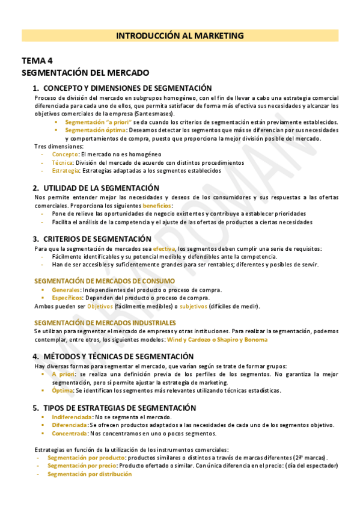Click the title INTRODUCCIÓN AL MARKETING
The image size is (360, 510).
coord(180,36)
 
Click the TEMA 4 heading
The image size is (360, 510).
coord(37,61)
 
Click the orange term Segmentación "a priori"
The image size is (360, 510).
coord(98,121)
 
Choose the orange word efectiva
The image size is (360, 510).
coord(164,249)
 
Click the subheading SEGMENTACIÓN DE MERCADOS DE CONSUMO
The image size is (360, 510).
coord(105,281)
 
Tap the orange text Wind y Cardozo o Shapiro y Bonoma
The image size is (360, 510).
coord(217,340)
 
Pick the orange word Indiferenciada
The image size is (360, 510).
coord(72,417)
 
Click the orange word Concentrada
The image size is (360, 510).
coord(69,433)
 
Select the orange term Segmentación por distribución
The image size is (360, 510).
coord(90,474)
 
